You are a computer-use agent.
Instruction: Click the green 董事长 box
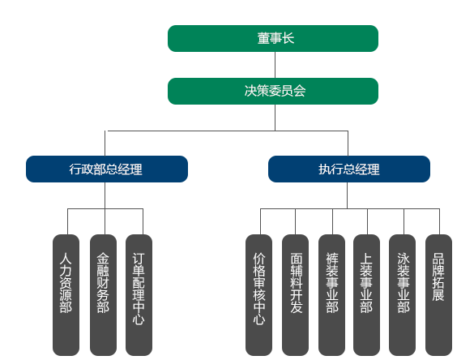[x=273, y=38]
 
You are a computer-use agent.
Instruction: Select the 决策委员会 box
[x=273, y=91]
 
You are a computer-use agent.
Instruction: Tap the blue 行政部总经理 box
[x=107, y=169]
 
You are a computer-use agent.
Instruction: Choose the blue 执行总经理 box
[x=349, y=169]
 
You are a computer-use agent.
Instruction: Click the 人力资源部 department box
[x=66, y=295]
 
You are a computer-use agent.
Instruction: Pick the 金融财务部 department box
[x=103, y=295]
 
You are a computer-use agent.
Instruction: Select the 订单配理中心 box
[x=139, y=295]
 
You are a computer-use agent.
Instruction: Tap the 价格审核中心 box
[x=258, y=295]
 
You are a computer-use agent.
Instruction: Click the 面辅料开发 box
[x=296, y=295]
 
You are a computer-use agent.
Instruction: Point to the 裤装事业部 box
[x=331, y=295]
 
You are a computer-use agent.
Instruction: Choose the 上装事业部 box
[x=366, y=295]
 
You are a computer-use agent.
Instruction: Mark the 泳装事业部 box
[x=402, y=295]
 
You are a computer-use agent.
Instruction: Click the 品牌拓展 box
[x=438, y=295]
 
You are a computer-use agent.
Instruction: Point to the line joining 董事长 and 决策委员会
[x=275, y=65]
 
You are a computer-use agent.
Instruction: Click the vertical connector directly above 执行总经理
[x=348, y=143]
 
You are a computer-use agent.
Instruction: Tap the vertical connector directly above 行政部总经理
[x=105, y=143]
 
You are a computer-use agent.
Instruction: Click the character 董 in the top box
[x=263, y=38]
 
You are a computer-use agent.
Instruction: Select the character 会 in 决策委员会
[x=299, y=91]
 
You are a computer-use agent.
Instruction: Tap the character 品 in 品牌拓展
[x=438, y=259]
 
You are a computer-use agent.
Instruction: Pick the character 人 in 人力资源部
[x=66, y=259]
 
